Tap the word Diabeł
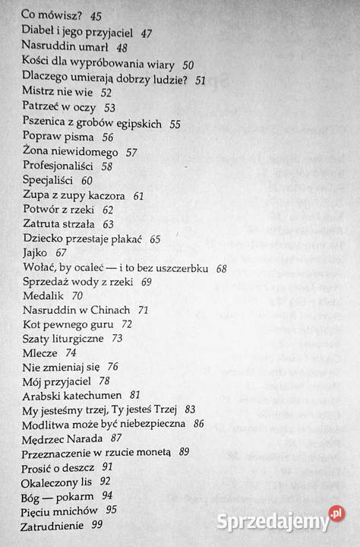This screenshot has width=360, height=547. tap(41, 34)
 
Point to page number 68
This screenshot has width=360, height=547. tap(222, 268)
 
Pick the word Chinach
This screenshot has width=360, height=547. tap(108, 311)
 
